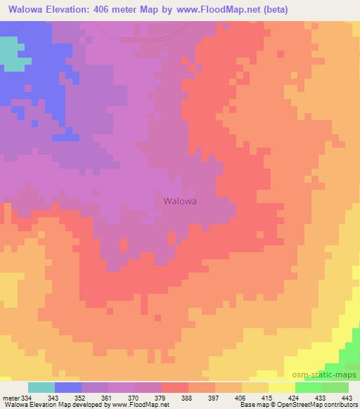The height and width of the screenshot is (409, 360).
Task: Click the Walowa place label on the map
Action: [x=179, y=200]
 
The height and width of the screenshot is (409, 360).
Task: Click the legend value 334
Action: [x=27, y=397]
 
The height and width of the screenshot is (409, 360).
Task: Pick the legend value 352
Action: [x=81, y=397]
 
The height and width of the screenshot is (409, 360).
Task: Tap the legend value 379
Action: [x=162, y=397]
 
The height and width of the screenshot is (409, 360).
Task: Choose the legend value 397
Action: [x=215, y=397]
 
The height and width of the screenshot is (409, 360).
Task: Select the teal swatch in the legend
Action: [x=41, y=387]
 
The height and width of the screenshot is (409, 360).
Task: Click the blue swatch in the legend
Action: [x=68, y=387]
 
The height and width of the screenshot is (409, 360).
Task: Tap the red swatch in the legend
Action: [x=175, y=387]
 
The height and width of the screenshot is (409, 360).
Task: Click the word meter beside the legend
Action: [x=9, y=397]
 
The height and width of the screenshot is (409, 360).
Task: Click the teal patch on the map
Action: [x=8, y=53]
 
